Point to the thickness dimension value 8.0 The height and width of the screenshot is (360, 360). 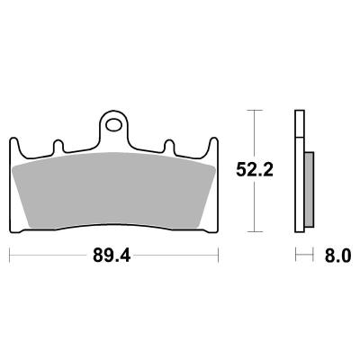pyautogui.click(x=337, y=256)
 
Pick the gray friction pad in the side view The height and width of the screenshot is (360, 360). pyautogui.click(x=309, y=190)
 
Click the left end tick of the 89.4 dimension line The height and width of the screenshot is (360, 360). pyautogui.click(x=10, y=256)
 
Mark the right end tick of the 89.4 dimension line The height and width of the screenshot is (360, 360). pyautogui.click(x=219, y=256)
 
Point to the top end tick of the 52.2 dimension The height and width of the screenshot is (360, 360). pyautogui.click(x=255, y=111)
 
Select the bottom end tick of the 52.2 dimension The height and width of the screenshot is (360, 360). pyautogui.click(x=255, y=229)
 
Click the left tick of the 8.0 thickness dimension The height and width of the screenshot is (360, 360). pyautogui.click(x=298, y=256)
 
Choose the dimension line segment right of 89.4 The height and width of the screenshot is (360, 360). pyautogui.click(x=180, y=256)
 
